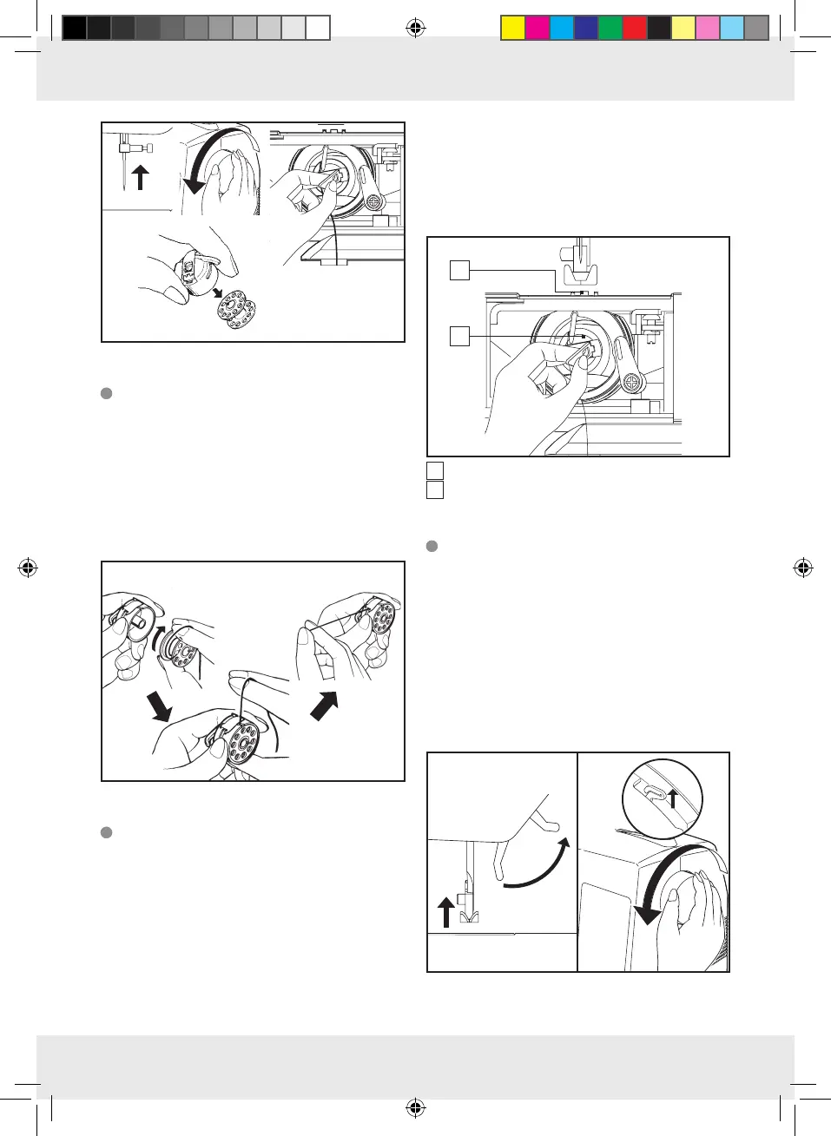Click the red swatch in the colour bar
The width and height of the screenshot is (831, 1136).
(x=635, y=29)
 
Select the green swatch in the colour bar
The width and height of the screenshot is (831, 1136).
(x=610, y=29)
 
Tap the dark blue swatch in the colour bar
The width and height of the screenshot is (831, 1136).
(x=586, y=29)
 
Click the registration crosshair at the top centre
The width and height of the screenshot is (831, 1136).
(x=415, y=29)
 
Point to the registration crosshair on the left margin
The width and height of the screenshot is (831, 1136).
(x=28, y=568)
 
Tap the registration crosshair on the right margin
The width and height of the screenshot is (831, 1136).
(x=803, y=568)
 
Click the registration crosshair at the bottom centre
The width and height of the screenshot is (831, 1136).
(x=415, y=1107)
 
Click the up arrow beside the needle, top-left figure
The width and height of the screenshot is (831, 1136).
(x=140, y=178)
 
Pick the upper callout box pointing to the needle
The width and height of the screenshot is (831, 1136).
(x=459, y=271)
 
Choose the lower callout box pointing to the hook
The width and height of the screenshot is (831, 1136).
(x=459, y=336)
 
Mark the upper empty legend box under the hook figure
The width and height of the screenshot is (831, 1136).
(x=435, y=470)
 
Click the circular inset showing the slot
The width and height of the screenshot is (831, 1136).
(x=663, y=798)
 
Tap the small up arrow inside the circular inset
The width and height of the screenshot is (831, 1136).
(x=673, y=797)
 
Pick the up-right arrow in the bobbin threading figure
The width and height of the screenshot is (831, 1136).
(x=323, y=705)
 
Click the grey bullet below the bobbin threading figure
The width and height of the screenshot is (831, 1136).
(x=107, y=832)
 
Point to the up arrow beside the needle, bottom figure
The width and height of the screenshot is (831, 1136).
(x=446, y=912)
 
